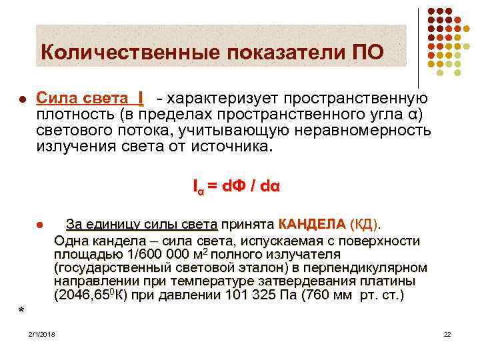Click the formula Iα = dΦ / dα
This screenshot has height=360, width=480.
[236, 188]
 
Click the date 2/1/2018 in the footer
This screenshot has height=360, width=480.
[43, 333]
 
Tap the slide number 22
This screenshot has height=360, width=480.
[447, 333]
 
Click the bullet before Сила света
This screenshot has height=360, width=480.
[22, 100]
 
